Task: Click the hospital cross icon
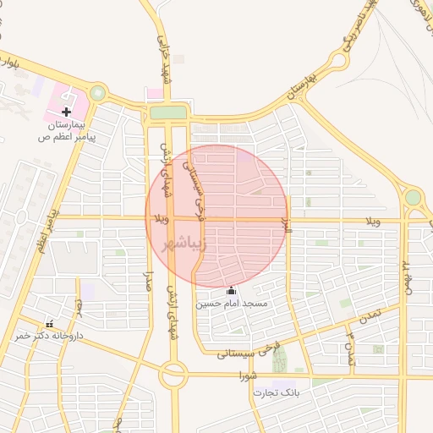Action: (67, 112)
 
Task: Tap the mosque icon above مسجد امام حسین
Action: (232, 290)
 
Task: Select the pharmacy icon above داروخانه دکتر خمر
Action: (49, 323)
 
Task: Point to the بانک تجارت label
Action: (301, 393)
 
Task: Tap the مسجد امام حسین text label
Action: (232, 303)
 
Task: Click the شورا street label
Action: (248, 374)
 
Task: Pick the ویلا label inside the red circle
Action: (162, 220)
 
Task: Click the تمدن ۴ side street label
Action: (348, 349)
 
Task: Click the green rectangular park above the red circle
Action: (167, 112)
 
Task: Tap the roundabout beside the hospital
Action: (98, 92)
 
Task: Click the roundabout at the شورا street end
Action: (174, 374)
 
